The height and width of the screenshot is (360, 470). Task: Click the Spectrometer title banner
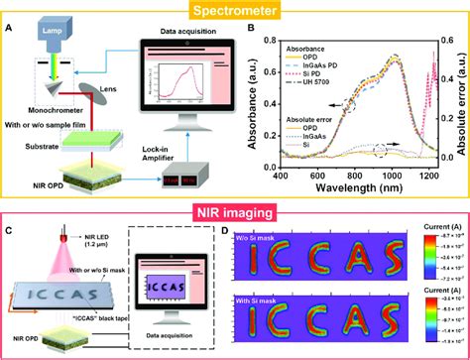pos(234,10)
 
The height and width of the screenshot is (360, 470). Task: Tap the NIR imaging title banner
pos(234,209)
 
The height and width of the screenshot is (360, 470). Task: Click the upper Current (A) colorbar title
pos(441,231)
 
